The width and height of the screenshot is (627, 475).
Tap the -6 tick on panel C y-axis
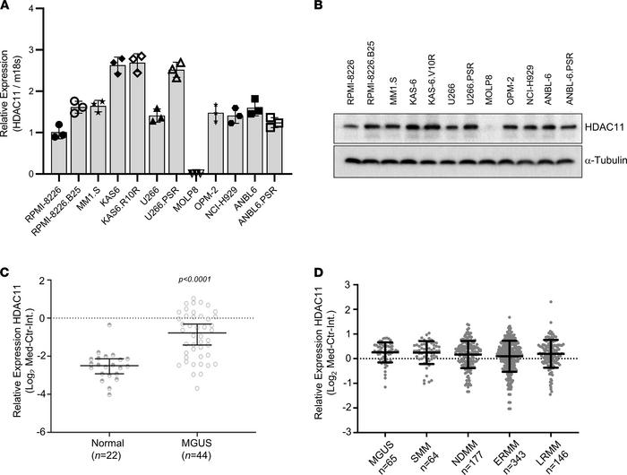click(x=37, y=431)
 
